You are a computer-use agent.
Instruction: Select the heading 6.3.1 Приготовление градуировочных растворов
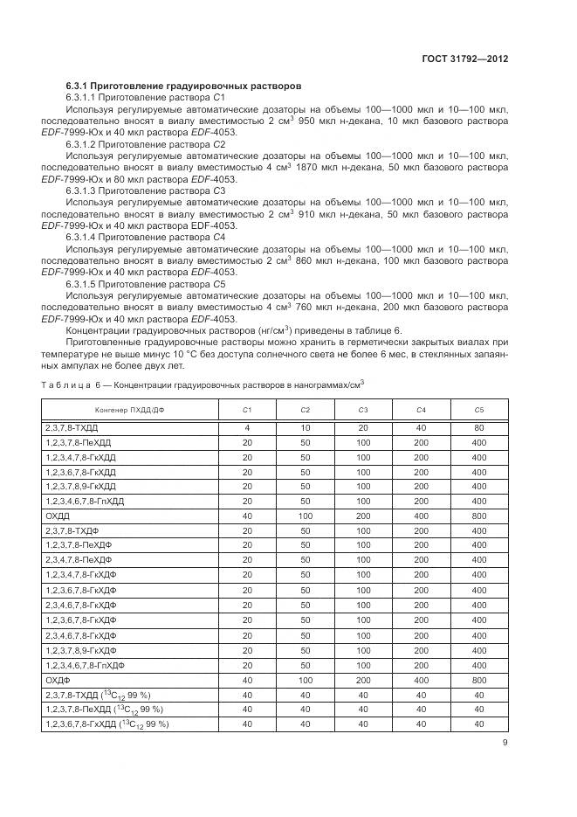184,87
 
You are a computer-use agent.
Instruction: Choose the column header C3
362,410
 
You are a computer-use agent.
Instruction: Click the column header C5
478,410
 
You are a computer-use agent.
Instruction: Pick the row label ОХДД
58,516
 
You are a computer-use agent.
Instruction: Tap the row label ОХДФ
58,678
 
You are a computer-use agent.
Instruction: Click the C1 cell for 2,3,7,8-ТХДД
247,428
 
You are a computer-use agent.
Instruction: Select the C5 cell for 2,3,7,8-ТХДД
478,428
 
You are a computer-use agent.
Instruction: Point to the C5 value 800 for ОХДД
478,516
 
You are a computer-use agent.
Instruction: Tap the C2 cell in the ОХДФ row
305,678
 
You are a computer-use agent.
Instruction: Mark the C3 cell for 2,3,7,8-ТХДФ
362,530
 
